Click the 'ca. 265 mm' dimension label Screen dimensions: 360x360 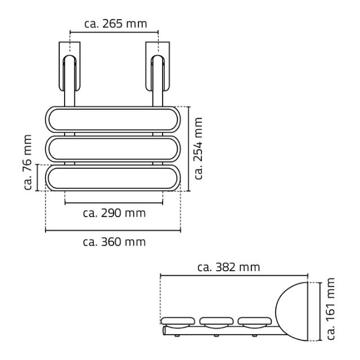115,24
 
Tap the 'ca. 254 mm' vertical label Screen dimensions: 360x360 198,148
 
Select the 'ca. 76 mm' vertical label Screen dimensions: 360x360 28,162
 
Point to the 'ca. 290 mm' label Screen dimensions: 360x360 114,213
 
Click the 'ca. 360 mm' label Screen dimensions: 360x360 114,242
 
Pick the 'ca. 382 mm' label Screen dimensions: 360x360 229,267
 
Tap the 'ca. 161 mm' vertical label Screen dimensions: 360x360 331,309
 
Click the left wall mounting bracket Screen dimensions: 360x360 70,66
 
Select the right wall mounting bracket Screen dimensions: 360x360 157,66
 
